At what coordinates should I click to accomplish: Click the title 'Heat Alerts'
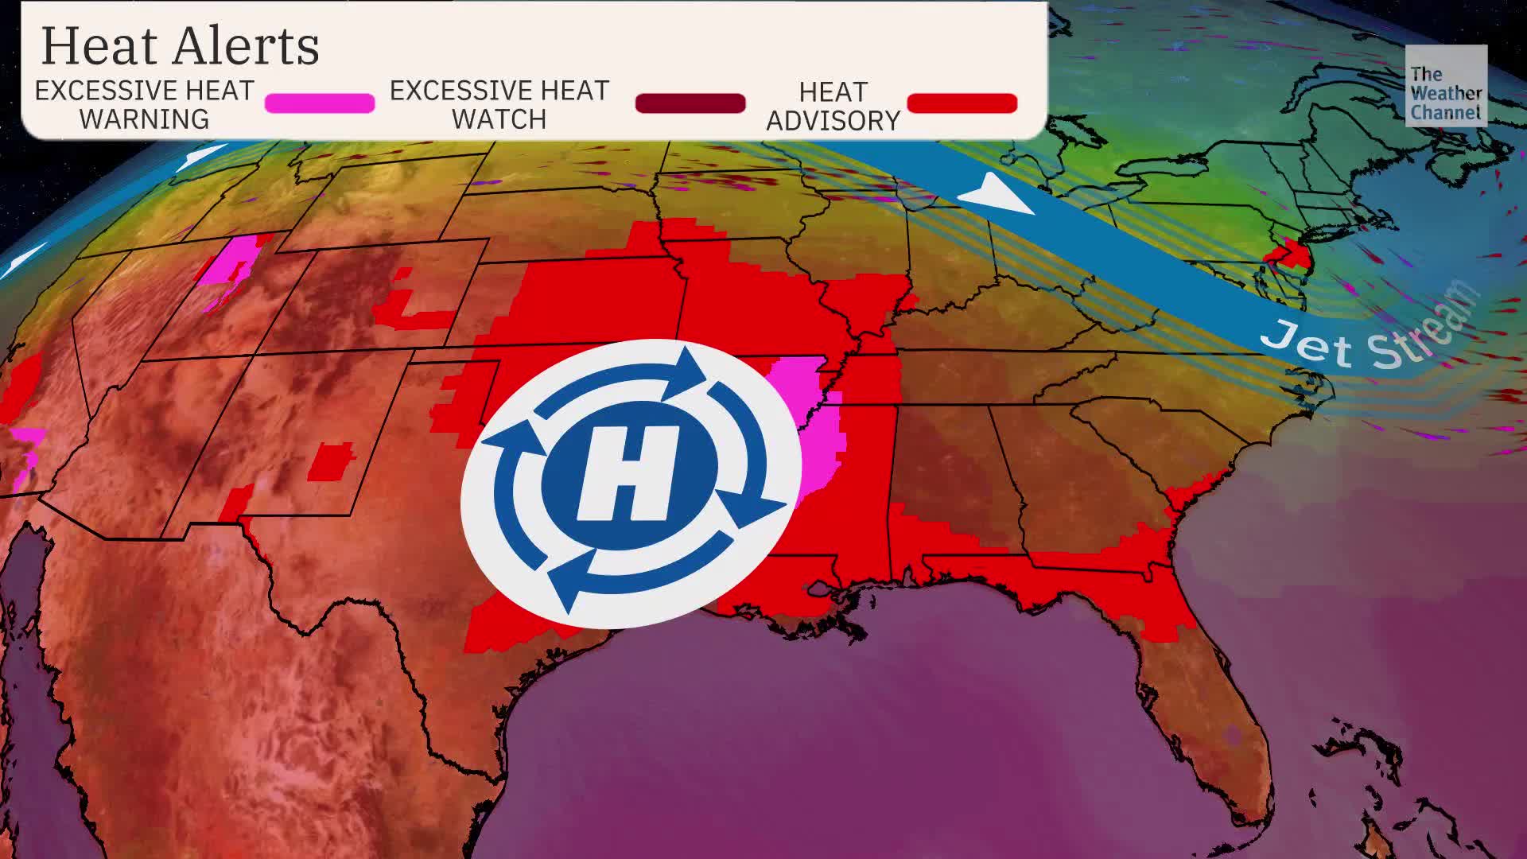[x=180, y=46]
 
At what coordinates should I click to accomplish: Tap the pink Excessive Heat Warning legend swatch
[x=319, y=103]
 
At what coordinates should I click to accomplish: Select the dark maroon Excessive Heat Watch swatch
[x=690, y=103]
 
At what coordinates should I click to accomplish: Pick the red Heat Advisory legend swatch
[x=962, y=103]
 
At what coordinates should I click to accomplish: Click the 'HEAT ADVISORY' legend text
[x=833, y=106]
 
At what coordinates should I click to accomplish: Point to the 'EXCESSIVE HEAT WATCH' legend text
[x=499, y=104]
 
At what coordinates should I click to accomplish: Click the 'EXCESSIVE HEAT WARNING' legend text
[x=144, y=104]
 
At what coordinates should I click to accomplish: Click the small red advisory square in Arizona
[x=330, y=461]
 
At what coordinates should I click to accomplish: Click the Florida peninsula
[x=1217, y=708]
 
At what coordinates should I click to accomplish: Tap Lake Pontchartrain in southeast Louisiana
[x=819, y=589]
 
